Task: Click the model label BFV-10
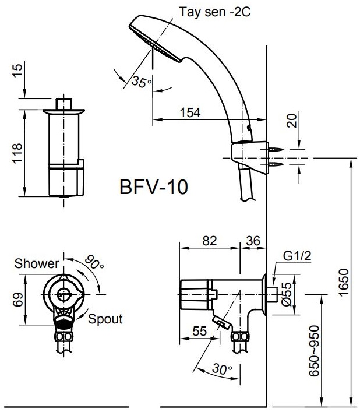click(x=153, y=188)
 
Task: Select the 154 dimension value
click(x=189, y=113)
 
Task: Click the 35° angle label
click(x=140, y=82)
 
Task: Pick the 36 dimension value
click(x=253, y=240)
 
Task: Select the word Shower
click(x=37, y=263)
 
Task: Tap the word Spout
click(x=105, y=319)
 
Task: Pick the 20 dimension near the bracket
click(x=292, y=121)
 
